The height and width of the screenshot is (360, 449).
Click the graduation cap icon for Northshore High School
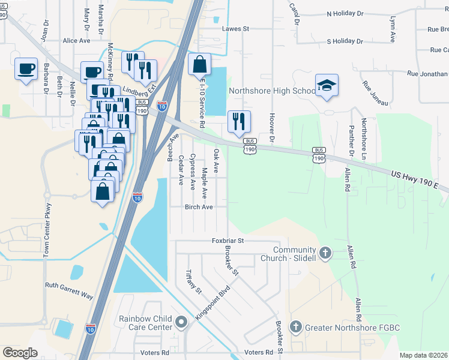click(327, 86)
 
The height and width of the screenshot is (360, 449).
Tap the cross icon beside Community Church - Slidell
click(325, 254)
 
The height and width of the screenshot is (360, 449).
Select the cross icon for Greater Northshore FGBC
click(295, 327)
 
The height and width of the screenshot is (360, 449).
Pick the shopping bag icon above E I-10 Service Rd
click(199, 65)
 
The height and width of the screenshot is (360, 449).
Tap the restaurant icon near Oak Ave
click(239, 122)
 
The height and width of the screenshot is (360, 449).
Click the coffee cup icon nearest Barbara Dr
click(26, 70)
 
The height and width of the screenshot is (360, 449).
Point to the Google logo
click(20, 353)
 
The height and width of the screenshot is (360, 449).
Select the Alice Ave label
click(76, 41)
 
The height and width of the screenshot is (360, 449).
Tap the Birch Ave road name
click(199, 206)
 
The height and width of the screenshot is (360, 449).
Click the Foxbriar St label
click(227, 241)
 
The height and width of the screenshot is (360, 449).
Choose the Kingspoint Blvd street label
click(212, 304)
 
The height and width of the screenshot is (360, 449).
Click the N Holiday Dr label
click(349, 14)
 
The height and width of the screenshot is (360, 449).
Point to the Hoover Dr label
click(272, 128)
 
